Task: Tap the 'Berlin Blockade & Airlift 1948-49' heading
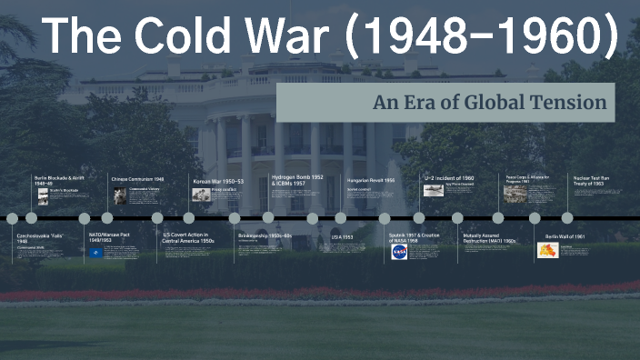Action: (x=59, y=180)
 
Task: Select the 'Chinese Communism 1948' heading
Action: (x=137, y=180)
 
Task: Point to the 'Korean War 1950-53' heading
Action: (x=218, y=182)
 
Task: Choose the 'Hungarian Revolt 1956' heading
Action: (x=371, y=180)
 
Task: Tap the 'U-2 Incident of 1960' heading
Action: (x=449, y=178)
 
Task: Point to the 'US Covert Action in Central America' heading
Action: (x=187, y=238)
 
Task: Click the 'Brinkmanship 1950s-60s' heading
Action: (x=265, y=235)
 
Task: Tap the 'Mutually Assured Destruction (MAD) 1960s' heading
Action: (x=490, y=238)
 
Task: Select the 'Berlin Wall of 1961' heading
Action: (x=565, y=235)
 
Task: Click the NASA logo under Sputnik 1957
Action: (x=398, y=252)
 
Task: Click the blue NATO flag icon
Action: (x=96, y=253)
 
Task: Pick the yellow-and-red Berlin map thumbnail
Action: (x=547, y=250)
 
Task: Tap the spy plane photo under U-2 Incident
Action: (x=434, y=191)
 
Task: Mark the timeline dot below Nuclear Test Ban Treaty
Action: (x=567, y=218)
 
